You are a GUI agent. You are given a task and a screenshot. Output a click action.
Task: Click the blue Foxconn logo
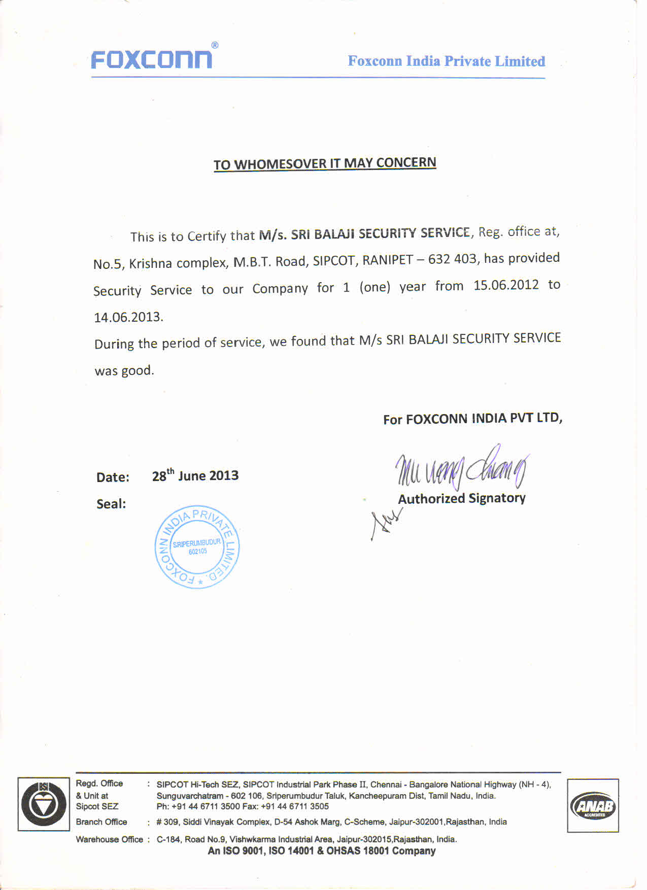click(151, 59)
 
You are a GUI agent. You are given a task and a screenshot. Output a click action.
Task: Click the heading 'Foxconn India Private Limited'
click(446, 61)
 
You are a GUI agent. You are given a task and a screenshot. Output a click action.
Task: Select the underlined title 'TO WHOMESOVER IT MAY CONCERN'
click(325, 163)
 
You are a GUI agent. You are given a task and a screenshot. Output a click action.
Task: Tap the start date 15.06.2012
click(506, 285)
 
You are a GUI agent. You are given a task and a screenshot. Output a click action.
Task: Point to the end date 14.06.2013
click(128, 317)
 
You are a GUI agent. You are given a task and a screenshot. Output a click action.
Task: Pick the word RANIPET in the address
click(387, 260)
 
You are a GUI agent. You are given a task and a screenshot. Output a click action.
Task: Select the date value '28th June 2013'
click(195, 475)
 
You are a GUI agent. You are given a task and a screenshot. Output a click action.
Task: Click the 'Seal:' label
click(111, 504)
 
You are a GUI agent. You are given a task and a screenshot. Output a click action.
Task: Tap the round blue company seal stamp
click(197, 547)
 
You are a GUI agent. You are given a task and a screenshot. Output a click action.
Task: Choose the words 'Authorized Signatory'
click(461, 498)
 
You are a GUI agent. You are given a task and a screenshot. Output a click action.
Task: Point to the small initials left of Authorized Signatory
click(386, 524)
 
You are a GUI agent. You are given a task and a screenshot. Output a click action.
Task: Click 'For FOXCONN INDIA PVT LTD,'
click(472, 419)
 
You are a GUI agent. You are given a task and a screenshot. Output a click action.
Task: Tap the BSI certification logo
click(44, 804)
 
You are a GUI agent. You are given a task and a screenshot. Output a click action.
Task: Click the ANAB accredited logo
click(593, 805)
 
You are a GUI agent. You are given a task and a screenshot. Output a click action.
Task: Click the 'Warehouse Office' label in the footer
click(109, 839)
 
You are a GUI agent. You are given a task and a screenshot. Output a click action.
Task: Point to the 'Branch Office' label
click(101, 822)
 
